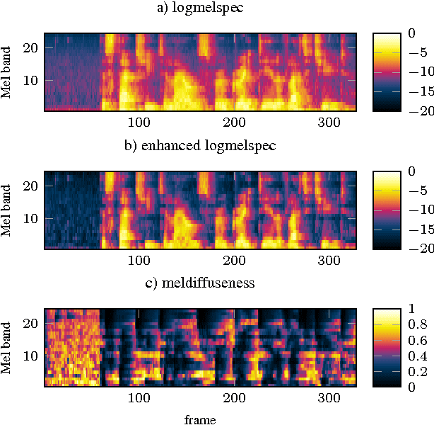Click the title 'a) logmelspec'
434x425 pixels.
click(x=200, y=8)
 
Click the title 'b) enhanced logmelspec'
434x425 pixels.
click(x=200, y=146)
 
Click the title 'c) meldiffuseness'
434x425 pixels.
click(x=200, y=283)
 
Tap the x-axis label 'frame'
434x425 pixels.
click(x=200, y=420)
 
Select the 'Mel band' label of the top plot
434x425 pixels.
click(x=8, y=72)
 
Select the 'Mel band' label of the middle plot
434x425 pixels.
click(x=8, y=210)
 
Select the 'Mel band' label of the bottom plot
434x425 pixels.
click(x=8, y=347)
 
